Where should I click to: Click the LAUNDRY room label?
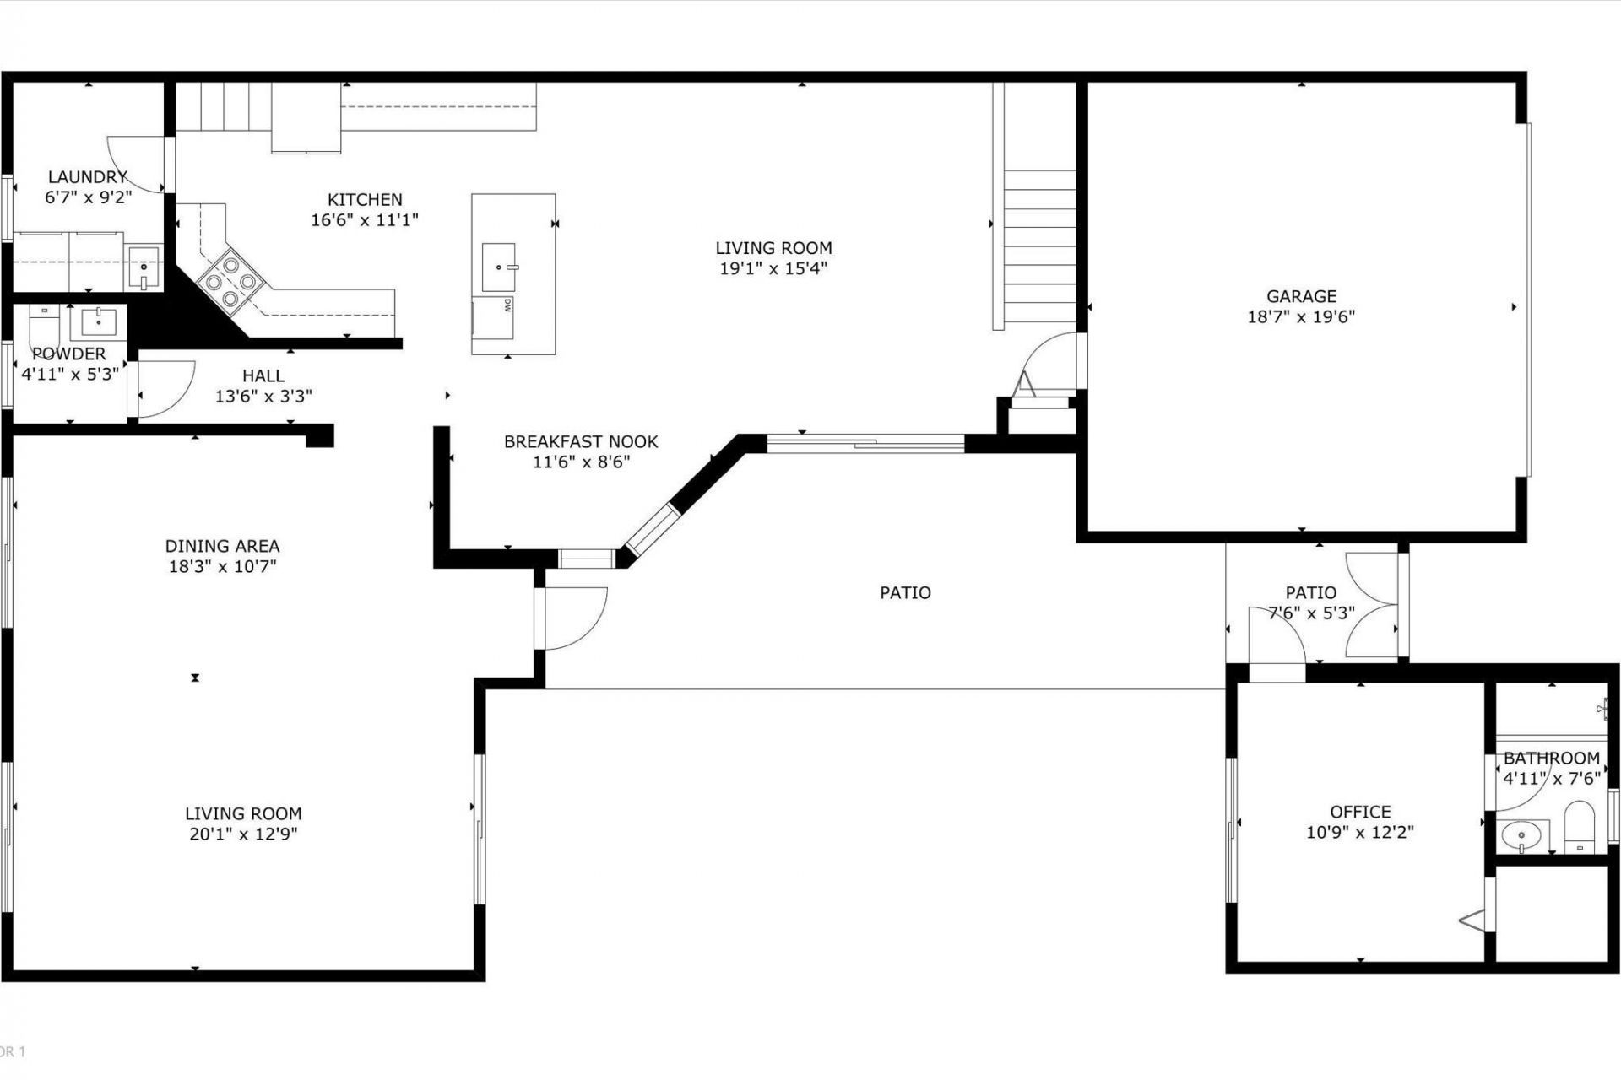point(87,177)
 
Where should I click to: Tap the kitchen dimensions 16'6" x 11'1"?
point(365,220)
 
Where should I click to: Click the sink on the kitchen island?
point(499,266)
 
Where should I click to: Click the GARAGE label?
point(1301,296)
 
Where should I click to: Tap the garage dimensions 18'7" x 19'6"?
point(1301,317)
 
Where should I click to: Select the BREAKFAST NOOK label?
point(581,441)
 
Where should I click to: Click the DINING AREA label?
point(222,546)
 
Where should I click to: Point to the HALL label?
point(263,375)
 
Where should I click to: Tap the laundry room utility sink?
point(144,267)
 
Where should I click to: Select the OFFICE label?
point(1360,812)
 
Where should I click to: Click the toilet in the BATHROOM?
point(1578,829)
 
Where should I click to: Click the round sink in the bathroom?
point(1522,837)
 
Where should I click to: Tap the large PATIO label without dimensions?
point(905,592)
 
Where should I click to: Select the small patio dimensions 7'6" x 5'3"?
point(1311,613)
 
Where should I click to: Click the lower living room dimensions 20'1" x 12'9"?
point(243,834)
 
